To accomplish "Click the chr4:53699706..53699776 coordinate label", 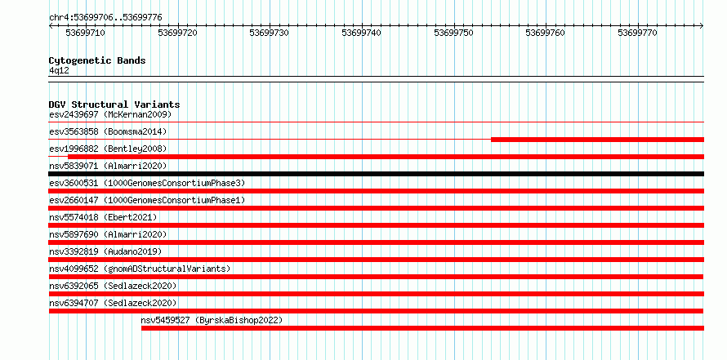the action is pyautogui.click(x=105, y=18).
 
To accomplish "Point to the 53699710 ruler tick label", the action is pyautogui.click(x=85, y=33).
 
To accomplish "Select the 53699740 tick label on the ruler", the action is pyautogui.click(x=361, y=33).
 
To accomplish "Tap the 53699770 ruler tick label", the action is pyautogui.click(x=637, y=33).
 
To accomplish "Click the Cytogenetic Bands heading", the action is pyautogui.click(x=97, y=60).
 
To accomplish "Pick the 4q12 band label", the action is pyautogui.click(x=59, y=71).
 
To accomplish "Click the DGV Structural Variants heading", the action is pyautogui.click(x=114, y=104).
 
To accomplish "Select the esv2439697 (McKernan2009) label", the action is pyautogui.click(x=110, y=114).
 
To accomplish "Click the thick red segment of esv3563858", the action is pyautogui.click(x=597, y=140).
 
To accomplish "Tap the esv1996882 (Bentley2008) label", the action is pyautogui.click(x=108, y=149).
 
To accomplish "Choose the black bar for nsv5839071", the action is pyautogui.click(x=376, y=174).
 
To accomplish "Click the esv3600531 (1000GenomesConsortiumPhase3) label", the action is pyautogui.click(x=147, y=183).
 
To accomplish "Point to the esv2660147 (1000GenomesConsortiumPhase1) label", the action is pyautogui.click(x=147, y=200).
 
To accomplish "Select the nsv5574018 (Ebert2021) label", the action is pyautogui.click(x=103, y=217).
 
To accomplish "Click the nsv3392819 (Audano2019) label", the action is pyautogui.click(x=105, y=251).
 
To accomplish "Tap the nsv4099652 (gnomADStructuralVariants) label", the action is pyautogui.click(x=140, y=269).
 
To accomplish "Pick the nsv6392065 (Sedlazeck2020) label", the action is pyautogui.click(x=113, y=286).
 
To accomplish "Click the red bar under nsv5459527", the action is pyautogui.click(x=422, y=328).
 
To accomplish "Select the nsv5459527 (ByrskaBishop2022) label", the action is pyautogui.click(x=212, y=320).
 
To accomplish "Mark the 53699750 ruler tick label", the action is pyautogui.click(x=453, y=33).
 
